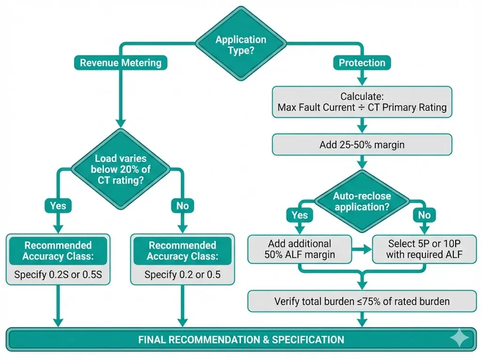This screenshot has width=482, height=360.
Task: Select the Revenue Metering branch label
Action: pyautogui.click(x=120, y=63)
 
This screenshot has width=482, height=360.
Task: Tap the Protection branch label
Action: pyautogui.click(x=362, y=63)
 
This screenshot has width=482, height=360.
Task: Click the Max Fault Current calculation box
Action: pyautogui.click(x=361, y=102)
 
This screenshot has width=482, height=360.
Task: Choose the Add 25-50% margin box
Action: pyautogui.click(x=361, y=145)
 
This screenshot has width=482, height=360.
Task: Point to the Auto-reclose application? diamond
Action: pyautogui.click(x=362, y=201)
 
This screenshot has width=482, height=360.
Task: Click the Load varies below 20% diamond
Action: pyautogui.click(x=120, y=169)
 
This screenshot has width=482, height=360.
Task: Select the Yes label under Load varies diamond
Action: pyautogui.click(x=58, y=206)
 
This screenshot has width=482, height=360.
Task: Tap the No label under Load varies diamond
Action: pyautogui.click(x=182, y=206)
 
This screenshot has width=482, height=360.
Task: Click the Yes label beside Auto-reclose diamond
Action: pyautogui.click(x=299, y=215)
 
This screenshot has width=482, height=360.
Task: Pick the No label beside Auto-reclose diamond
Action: pyautogui.click(x=424, y=215)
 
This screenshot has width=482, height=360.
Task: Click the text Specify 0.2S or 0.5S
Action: pyautogui.click(x=58, y=275)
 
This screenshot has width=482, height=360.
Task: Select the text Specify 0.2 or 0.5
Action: pyautogui.click(x=182, y=275)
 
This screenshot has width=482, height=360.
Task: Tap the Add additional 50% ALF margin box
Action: pyautogui.click(x=300, y=249)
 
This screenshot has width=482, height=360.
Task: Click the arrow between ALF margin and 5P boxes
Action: pyautogui.click(x=362, y=249)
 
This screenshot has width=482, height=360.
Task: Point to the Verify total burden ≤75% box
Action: pyautogui.click(x=361, y=301)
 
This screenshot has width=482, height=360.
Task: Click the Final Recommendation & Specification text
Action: pyautogui.click(x=241, y=339)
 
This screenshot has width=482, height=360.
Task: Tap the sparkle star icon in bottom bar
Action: pyautogui.click(x=459, y=339)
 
